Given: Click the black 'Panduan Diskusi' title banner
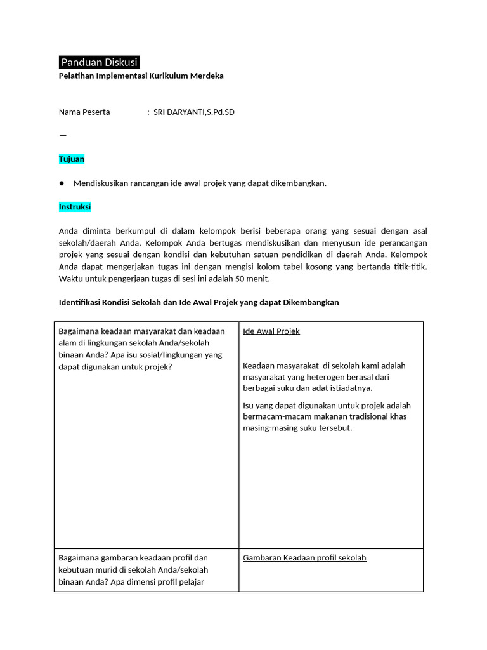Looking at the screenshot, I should tap(99, 62).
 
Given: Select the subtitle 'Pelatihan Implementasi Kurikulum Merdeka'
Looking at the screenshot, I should tap(141, 76).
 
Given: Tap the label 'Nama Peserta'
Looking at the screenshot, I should tap(84, 112).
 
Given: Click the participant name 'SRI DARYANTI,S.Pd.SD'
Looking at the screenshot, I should tap(194, 112).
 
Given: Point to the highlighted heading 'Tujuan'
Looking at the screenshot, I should tap(72, 159).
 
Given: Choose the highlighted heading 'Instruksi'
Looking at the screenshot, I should tap(75, 207).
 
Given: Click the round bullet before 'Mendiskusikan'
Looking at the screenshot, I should tap(62, 183).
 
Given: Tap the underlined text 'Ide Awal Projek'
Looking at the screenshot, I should tap(271, 331).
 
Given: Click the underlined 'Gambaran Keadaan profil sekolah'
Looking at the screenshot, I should tap(304, 558).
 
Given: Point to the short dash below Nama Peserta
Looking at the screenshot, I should tap(62, 135).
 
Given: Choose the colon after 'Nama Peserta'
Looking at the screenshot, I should tap(148, 112).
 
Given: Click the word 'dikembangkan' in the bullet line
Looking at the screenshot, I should tap(300, 183).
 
